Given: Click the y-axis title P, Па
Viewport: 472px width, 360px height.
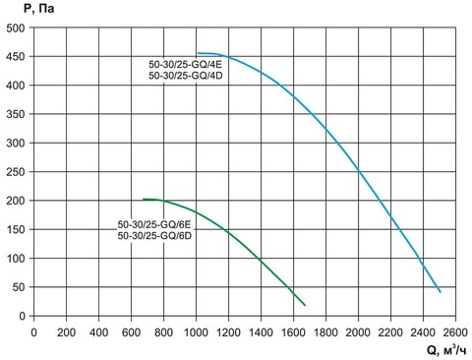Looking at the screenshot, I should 21,9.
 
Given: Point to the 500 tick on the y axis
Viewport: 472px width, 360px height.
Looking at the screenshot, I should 16,28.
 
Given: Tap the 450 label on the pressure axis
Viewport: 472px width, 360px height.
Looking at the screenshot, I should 16,57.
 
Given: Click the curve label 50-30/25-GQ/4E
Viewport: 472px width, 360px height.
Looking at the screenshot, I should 184,65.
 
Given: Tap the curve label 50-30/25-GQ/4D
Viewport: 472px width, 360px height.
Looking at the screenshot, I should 184,76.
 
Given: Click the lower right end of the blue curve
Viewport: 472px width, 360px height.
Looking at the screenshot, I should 440,292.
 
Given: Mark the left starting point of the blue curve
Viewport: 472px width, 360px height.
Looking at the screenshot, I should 198,53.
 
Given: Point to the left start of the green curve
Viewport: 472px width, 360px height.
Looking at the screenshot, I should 144,200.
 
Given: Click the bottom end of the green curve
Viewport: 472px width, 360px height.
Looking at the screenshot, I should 305,305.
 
